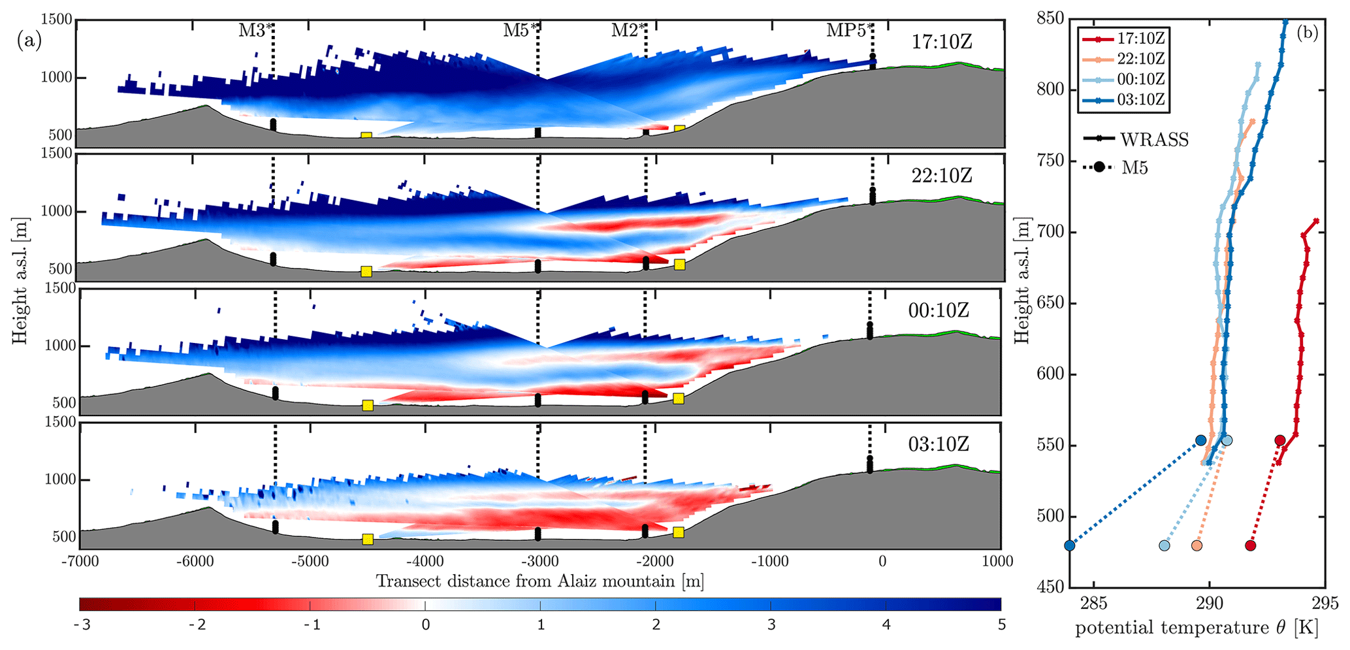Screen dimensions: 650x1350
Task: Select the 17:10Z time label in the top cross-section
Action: pyautogui.click(x=942, y=42)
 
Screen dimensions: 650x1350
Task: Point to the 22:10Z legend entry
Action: pyautogui.click(x=1140, y=59)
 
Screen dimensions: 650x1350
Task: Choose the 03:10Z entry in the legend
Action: pyautogui.click(x=1140, y=100)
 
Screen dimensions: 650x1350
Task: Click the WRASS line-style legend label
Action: pyautogui.click(x=1154, y=140)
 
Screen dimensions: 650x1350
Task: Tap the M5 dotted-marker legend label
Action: pyautogui.click(x=1134, y=168)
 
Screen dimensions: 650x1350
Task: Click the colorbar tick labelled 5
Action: pyautogui.click(x=1001, y=625)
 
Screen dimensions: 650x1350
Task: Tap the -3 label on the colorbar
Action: pyautogui.click(x=82, y=625)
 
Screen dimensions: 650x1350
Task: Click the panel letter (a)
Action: pyautogui.click(x=29, y=41)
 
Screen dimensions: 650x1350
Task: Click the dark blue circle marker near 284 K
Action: pyautogui.click(x=1069, y=545)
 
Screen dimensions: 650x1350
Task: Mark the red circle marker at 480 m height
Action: pyautogui.click(x=1250, y=545)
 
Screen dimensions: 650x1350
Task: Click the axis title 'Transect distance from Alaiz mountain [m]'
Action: pyautogui.click(x=539, y=581)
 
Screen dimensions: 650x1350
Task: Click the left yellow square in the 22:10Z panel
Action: pyautogui.click(x=366, y=272)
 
